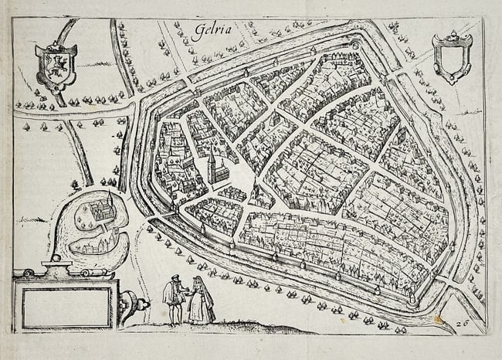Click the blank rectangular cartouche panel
[66, 307]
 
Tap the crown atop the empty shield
[452, 37]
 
